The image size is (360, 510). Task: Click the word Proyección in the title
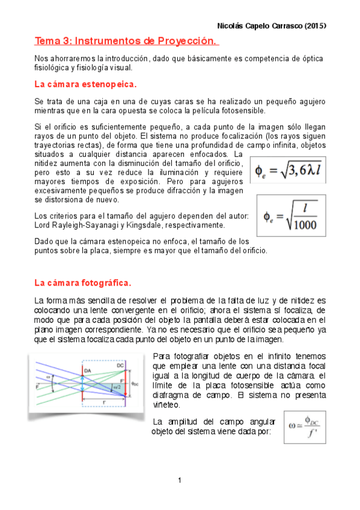tap(185, 41)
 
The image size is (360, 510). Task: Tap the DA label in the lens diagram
tap(88, 370)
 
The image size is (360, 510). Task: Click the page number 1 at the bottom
tap(180, 481)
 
